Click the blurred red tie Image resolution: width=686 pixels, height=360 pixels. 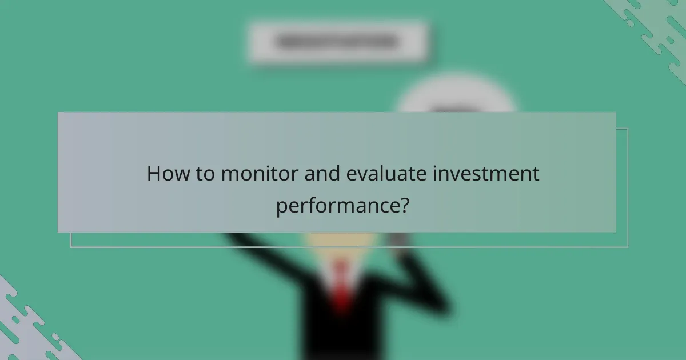point(341,286)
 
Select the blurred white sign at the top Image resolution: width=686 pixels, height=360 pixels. point(337,41)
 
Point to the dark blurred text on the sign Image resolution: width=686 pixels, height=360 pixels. point(337,42)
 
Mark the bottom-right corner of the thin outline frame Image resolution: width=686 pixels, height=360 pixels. point(627,247)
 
